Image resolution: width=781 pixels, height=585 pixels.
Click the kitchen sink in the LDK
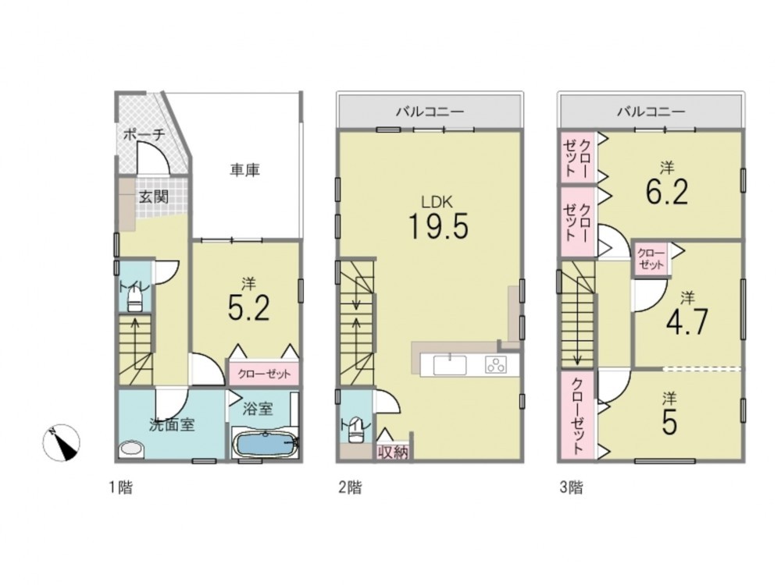(450, 365)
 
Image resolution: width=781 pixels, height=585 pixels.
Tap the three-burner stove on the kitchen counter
(496, 365)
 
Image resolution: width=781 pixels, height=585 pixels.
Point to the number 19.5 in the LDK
(438, 226)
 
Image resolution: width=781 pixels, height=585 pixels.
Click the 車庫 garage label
(245, 170)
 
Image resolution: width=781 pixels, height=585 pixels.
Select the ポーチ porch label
(144, 134)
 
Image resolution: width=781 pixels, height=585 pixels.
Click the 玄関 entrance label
(153, 197)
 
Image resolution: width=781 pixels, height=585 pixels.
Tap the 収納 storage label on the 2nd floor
(393, 452)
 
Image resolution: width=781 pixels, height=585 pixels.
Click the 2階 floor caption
(350, 487)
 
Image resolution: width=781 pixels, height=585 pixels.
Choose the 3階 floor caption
(571, 487)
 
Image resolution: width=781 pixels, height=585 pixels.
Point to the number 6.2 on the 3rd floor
(667, 192)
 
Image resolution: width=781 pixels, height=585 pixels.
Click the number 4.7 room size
(686, 322)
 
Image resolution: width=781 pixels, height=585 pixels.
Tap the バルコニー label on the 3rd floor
(651, 112)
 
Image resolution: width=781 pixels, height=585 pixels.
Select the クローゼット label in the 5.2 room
(264, 374)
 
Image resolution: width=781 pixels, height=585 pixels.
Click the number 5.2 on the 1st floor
(248, 308)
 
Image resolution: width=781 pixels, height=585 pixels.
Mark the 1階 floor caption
(121, 487)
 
